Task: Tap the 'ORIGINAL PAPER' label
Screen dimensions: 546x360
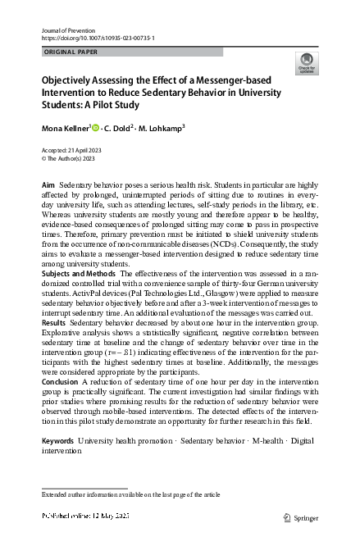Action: click(69, 52)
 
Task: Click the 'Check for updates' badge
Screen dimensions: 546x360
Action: click(307, 63)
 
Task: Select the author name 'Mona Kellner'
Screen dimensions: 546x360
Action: click(70, 128)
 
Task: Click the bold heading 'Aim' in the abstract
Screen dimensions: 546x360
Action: click(48, 188)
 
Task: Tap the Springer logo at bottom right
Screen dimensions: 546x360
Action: click(299, 518)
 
